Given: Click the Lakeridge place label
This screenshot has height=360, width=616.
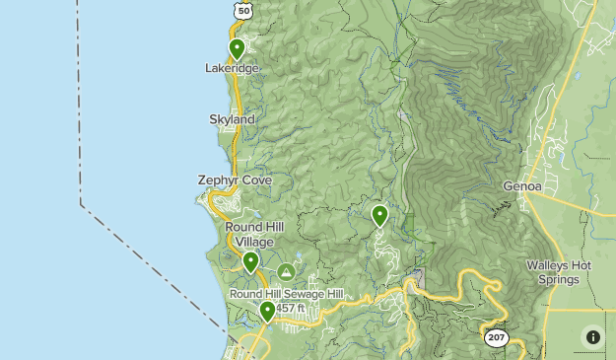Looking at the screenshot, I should point(233,68).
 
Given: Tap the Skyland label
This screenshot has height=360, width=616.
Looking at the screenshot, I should point(233,119).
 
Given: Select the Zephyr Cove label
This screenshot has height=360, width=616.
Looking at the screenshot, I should point(235,180).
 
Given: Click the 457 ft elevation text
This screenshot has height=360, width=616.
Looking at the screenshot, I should point(290,308).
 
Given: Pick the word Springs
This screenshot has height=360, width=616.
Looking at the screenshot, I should point(558,278).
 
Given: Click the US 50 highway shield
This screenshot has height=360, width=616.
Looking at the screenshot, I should point(243,9).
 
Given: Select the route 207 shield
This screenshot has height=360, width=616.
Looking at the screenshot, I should point(496,337).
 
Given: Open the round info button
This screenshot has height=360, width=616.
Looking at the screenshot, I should point(592,336).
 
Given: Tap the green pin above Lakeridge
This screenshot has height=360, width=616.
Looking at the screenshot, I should point(237,48).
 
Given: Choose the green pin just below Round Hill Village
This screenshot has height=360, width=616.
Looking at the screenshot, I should point(251,262).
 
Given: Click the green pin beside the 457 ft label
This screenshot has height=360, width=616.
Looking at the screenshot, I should point(267,312).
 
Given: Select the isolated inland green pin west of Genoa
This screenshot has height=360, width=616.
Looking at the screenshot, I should point(379,215).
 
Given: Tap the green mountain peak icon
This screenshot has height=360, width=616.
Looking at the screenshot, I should point(286,271).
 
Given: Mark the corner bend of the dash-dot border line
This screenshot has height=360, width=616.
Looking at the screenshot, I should point(81,205).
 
